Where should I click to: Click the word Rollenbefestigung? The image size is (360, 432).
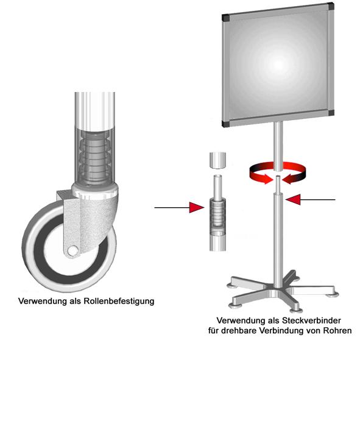tap(118, 301)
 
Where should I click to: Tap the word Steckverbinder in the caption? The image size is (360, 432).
tap(311, 320)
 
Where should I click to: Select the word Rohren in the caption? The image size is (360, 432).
tap(337, 331)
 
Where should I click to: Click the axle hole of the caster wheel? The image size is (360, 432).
tap(72, 250)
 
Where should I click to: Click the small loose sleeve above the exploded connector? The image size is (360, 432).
tap(217, 160)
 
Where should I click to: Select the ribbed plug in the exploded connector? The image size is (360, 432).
tap(218, 211)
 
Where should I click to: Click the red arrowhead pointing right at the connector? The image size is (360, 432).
tap(197, 207)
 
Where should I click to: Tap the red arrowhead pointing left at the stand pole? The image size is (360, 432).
tap(293, 199)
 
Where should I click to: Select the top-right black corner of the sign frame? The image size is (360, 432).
tap(330, 7)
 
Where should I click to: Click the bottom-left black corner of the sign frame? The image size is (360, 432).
tap(225, 124)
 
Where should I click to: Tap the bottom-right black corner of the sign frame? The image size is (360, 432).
tap(331, 112)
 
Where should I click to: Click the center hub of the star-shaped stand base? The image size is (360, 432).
tap(278, 291)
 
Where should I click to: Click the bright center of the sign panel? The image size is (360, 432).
tap(278, 65)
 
